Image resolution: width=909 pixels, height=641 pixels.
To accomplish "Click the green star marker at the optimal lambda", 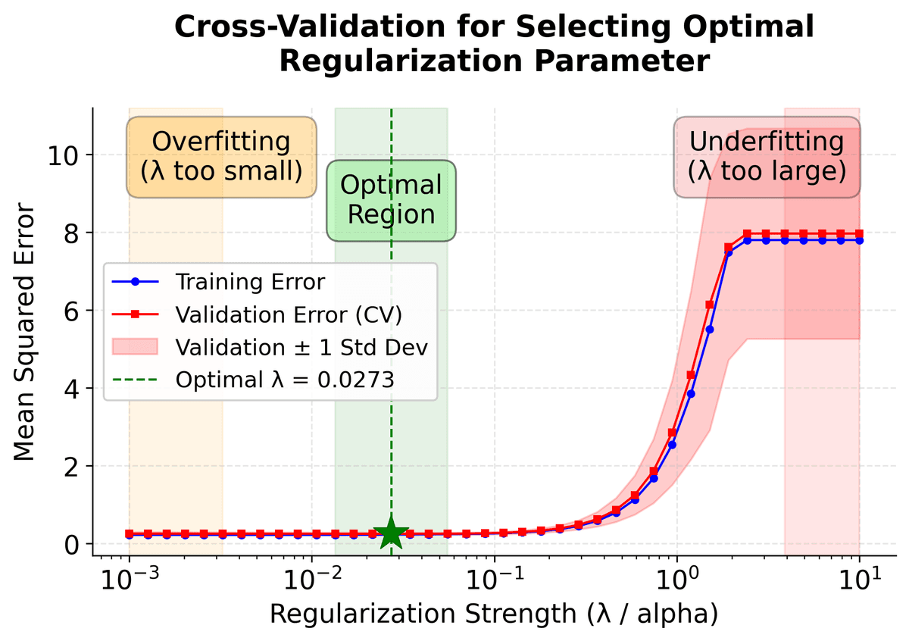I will (391, 533).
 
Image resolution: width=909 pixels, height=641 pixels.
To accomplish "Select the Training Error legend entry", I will (250, 282).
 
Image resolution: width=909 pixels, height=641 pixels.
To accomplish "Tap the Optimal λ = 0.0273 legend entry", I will (284, 380).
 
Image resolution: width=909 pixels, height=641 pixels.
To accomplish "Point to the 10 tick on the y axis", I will (64, 155).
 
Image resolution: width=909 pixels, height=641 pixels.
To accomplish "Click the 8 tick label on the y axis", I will (72, 233).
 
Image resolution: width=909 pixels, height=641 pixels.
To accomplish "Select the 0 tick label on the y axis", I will (72, 544).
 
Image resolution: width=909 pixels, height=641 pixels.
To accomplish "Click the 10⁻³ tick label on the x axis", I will (130, 581).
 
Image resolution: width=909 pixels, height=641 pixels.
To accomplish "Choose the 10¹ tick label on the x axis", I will (860, 581).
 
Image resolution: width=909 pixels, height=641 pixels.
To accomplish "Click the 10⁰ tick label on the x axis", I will (677, 581).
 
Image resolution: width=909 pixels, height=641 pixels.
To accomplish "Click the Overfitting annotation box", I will (221, 157).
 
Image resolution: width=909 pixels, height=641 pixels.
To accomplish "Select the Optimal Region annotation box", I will (391, 200).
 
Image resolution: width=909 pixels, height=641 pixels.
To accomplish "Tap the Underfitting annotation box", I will (767, 157).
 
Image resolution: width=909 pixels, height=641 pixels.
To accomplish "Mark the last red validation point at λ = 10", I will (859, 233).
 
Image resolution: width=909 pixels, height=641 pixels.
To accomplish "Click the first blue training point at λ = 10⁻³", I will (130, 535).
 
